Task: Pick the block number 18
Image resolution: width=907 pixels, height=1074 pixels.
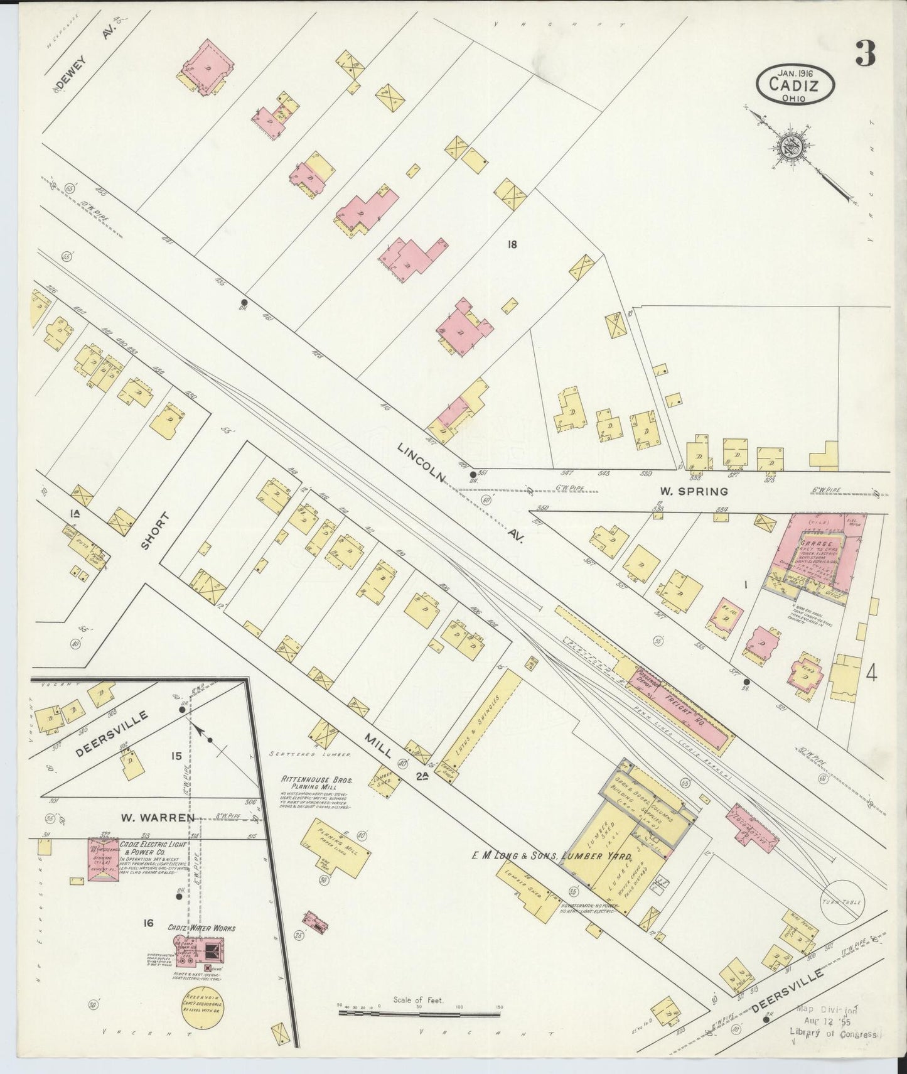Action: pyautogui.click(x=512, y=245)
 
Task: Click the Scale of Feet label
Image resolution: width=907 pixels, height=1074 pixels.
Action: pyautogui.click(x=419, y=999)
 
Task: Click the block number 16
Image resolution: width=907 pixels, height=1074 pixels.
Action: pyautogui.click(x=148, y=923)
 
